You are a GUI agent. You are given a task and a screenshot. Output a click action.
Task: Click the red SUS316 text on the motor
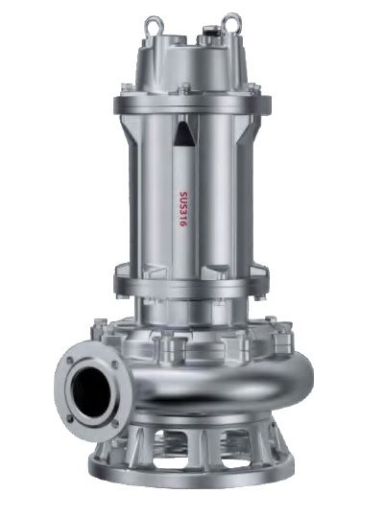(183, 209)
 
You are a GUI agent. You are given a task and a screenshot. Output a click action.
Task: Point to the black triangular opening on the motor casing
(183, 133)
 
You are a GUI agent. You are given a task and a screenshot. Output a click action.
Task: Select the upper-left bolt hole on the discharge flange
(70, 360)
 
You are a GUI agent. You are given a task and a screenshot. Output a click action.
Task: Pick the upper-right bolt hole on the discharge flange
(115, 364)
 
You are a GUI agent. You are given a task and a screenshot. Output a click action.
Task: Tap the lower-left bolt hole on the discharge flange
(70, 419)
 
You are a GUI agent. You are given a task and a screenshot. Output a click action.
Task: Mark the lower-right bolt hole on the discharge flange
(115, 424)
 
